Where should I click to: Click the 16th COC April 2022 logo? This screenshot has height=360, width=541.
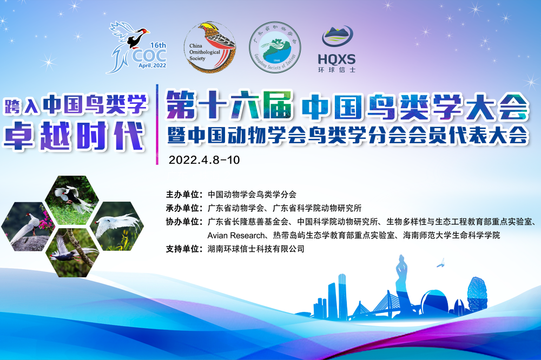point(137,47)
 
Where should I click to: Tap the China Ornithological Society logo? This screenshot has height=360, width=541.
point(210,47)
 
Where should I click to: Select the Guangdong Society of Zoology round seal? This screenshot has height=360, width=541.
point(275,47)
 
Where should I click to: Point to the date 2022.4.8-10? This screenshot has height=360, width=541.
point(204,160)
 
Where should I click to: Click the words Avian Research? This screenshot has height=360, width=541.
point(236,236)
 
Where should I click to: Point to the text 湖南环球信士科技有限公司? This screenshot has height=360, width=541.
point(256,249)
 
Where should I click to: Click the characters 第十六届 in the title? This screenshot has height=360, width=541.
point(229,105)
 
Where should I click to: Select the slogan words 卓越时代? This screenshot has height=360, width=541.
point(74,136)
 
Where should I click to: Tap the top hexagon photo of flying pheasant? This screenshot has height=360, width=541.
point(72,201)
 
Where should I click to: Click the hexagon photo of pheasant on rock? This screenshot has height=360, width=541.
point(28,226)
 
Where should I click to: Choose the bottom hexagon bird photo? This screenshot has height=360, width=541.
point(72,253)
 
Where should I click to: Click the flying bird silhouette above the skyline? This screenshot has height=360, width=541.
point(441,263)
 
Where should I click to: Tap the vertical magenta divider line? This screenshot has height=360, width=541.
point(157,124)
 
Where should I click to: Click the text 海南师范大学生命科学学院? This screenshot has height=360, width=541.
point(452,236)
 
